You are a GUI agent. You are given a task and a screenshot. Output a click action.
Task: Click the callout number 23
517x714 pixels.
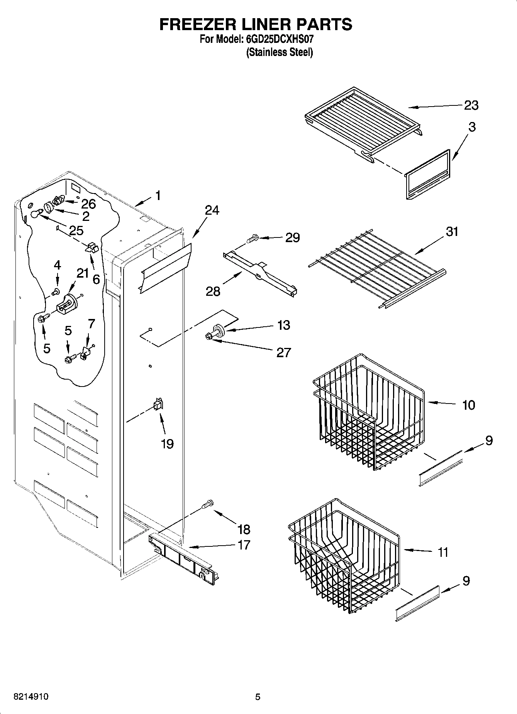[471, 105]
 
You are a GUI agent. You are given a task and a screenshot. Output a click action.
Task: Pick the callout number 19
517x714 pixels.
[167, 444]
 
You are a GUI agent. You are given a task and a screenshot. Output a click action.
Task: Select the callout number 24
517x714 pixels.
[212, 210]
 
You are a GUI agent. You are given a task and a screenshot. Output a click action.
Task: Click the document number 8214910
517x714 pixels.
[31, 697]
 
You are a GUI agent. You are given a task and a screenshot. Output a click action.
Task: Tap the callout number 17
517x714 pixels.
[244, 545]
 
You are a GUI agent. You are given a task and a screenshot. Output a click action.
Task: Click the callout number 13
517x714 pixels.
[283, 325]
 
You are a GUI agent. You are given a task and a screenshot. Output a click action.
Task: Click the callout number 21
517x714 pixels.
[83, 273]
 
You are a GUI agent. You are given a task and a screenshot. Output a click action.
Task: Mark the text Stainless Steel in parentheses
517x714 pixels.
[280, 52]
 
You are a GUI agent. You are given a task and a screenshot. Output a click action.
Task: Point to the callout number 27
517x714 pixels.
[283, 352]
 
